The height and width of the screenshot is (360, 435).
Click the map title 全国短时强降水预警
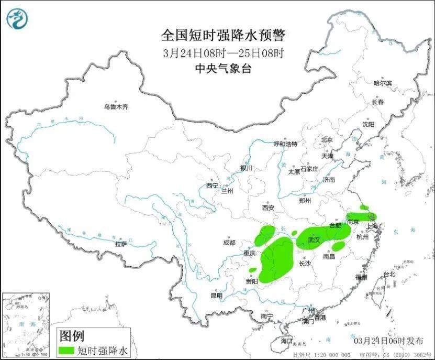224,36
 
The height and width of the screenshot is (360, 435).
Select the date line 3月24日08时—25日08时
224,52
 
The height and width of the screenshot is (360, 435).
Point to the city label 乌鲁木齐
115,107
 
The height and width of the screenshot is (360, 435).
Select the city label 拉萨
121,244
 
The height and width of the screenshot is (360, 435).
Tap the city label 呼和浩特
286,144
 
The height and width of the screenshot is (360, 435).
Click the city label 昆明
216,296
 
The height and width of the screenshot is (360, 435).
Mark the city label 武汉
314,239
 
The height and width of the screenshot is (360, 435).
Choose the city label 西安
268,208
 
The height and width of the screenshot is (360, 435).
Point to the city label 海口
287,341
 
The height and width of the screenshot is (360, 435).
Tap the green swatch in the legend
67,350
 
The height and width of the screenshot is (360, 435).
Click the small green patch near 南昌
339,245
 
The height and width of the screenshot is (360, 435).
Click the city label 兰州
227,191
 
